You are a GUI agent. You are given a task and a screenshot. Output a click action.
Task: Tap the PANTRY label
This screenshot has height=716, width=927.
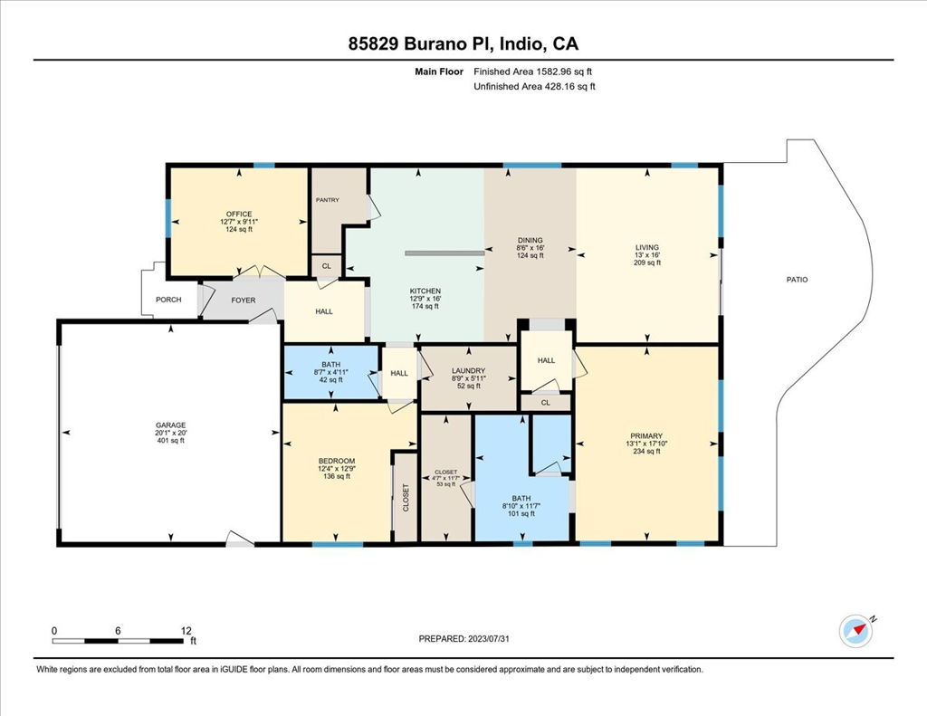coord(326,199)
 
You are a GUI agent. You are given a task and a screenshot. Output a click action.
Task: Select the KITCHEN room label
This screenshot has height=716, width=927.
coord(425,291)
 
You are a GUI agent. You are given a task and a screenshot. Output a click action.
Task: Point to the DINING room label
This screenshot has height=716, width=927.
coord(530,241)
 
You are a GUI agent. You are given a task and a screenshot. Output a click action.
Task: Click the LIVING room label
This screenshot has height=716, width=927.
coord(647,247)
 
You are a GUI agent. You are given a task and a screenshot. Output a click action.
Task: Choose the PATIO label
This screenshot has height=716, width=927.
coord(797,280)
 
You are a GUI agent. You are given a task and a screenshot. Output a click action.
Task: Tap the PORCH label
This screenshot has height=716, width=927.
coord(169,300)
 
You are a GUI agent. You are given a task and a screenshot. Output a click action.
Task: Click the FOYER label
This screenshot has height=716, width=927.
coord(243,300)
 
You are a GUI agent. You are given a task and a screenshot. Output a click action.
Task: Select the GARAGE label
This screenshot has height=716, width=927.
coord(170,425)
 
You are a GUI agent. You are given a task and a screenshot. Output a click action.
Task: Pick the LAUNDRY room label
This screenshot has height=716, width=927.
coord(468,370)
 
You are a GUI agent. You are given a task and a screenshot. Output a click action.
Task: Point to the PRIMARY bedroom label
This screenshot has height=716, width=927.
coord(647,435)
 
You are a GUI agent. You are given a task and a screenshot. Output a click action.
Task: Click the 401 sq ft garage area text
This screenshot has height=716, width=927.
coord(170,441)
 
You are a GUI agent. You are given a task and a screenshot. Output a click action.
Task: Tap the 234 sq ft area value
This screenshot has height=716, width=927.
coord(647,451)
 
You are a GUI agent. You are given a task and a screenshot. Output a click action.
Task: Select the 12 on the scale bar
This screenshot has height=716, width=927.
coord(186,630)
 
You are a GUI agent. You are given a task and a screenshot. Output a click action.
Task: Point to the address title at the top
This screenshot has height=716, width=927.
coord(463,43)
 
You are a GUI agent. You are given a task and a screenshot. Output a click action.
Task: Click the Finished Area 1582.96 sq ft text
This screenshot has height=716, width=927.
coord(533,72)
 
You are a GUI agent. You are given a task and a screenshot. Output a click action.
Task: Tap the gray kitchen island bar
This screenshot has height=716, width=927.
coord(444,253)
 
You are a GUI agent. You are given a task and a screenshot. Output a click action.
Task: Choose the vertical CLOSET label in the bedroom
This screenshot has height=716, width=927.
coord(406,497)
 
